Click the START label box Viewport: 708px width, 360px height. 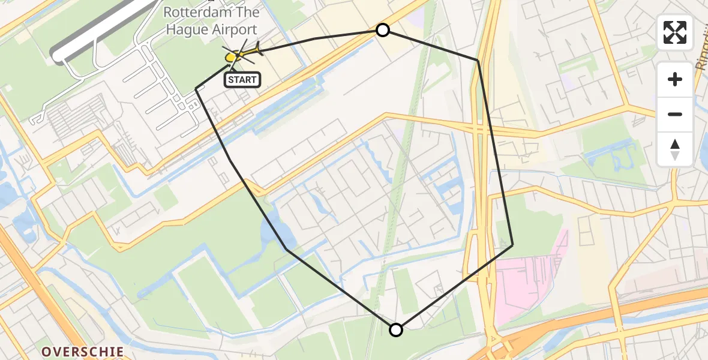coord(242,80)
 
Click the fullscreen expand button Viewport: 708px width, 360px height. coord(675,32)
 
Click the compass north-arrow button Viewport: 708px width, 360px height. coord(675,149)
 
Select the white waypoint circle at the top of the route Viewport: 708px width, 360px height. coord(382,30)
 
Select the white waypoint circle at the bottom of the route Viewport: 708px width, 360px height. coord(396,329)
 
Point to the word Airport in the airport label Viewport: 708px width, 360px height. coord(230,29)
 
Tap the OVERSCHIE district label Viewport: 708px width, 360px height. coord(83,352)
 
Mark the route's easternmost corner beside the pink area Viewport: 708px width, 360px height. coord(512,245)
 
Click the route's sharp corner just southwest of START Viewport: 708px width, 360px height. coord(196,89)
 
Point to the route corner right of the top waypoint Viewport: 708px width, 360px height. coord(478,61)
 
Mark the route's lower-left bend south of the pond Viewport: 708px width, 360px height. coord(287,250)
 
